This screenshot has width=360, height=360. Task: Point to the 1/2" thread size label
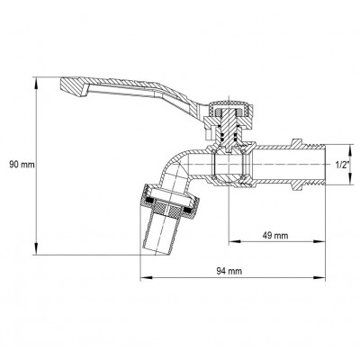(x=343, y=165)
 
